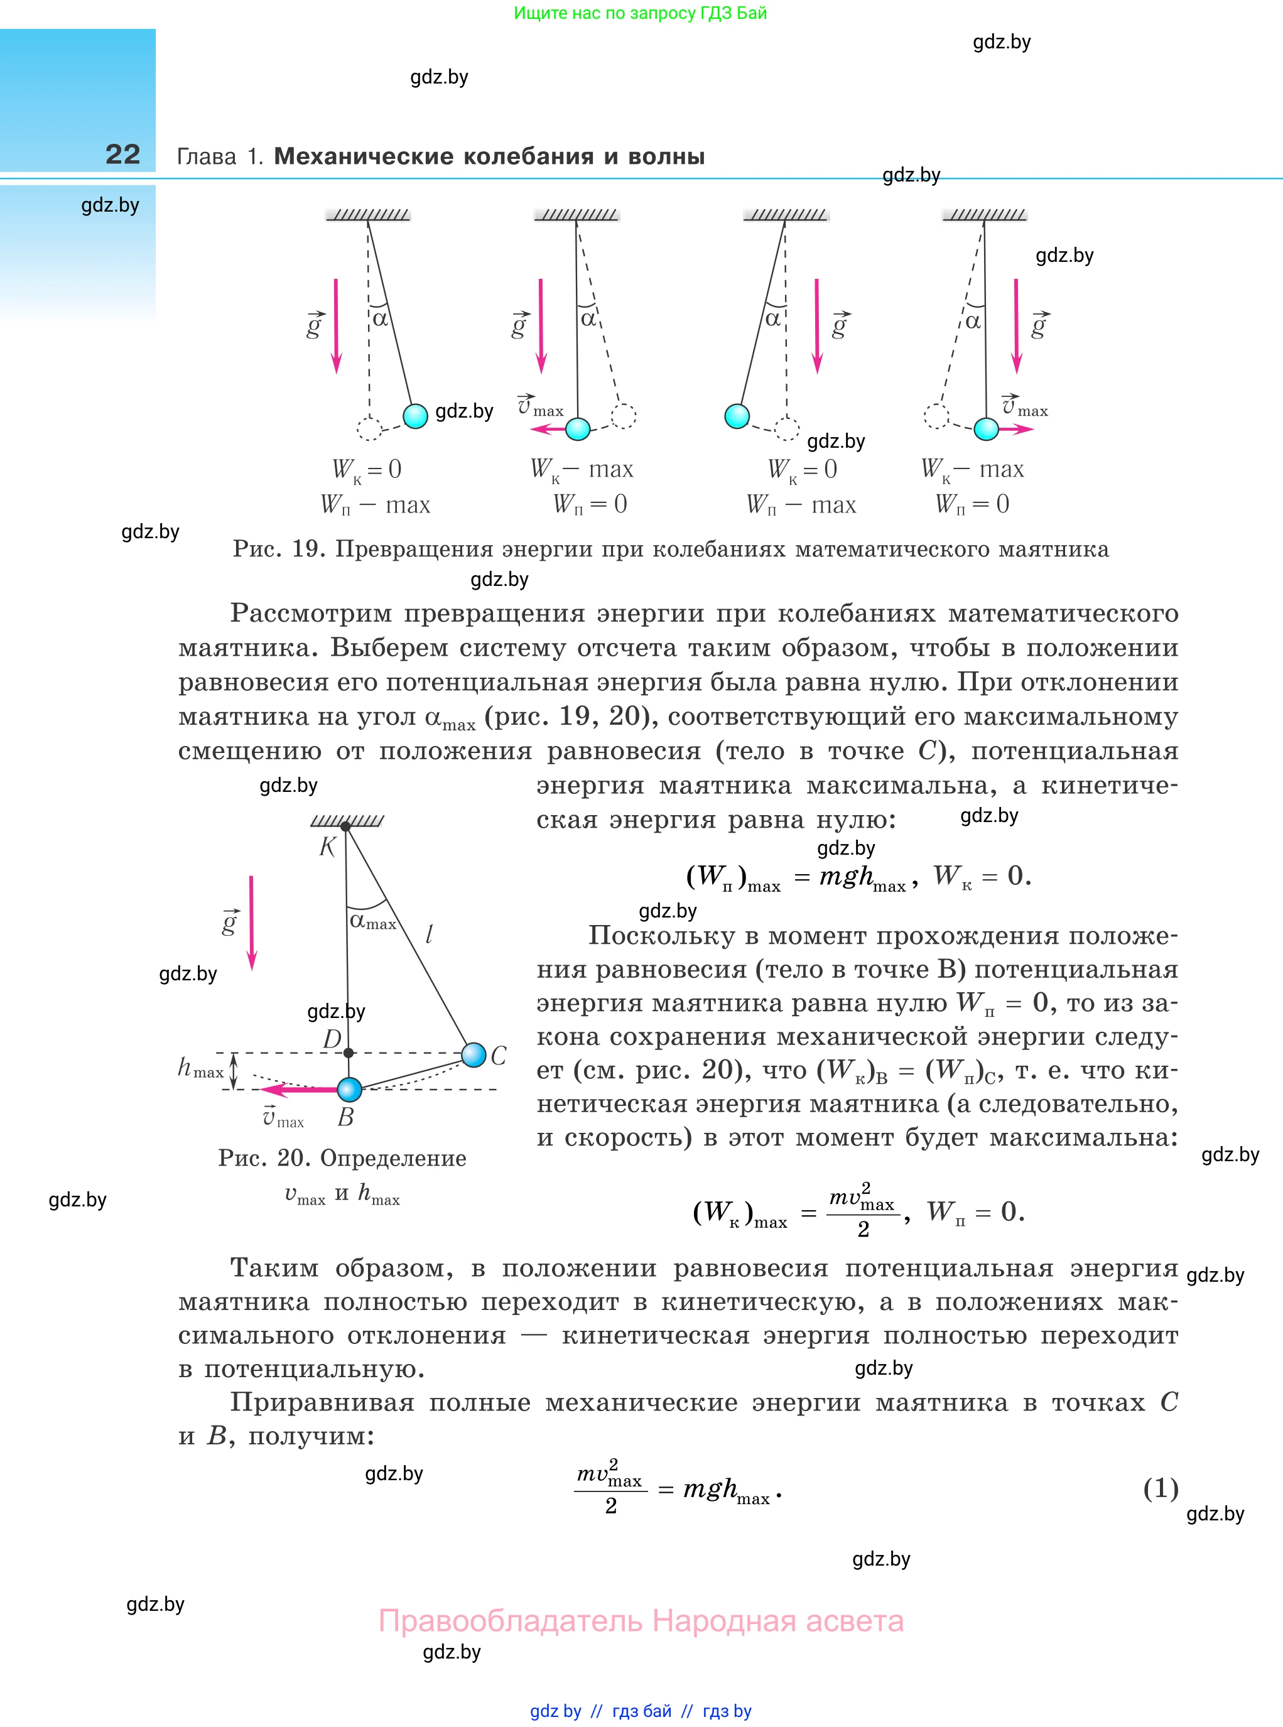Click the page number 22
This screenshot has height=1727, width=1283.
pyautogui.click(x=122, y=154)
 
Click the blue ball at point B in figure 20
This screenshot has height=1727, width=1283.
pyautogui.click(x=350, y=1089)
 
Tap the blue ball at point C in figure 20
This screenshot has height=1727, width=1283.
pyautogui.click(x=474, y=1054)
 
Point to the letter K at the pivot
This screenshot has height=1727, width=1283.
pyautogui.click(x=327, y=847)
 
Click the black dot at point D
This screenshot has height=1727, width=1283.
pyautogui.click(x=348, y=1053)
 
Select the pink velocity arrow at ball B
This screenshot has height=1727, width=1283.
pyautogui.click(x=306, y=1090)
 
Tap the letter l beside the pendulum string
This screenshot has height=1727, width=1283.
pyautogui.click(x=429, y=934)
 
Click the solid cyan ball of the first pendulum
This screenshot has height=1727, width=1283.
pyautogui.click(x=416, y=416)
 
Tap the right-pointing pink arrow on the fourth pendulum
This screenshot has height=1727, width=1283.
pyautogui.click(x=1017, y=430)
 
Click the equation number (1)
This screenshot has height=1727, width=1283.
pyautogui.click(x=1161, y=1488)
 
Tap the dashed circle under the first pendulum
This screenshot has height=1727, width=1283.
pyautogui.click(x=369, y=428)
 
